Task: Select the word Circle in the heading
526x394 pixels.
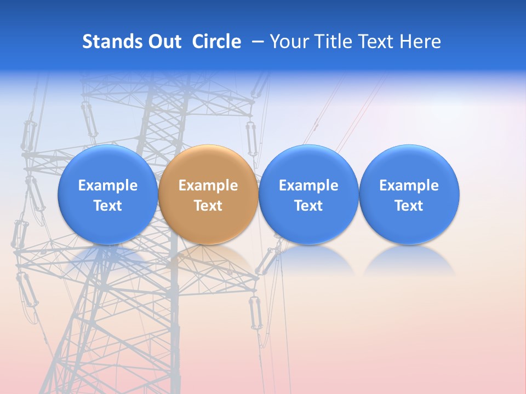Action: [216, 42]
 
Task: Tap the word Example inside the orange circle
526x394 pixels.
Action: [208, 186]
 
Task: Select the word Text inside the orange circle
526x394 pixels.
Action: [208, 206]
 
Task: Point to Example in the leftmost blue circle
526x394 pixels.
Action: [107, 186]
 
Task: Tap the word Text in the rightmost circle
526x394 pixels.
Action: [409, 206]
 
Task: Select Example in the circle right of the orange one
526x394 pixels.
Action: [308, 186]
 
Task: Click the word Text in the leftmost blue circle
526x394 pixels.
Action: [107, 206]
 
